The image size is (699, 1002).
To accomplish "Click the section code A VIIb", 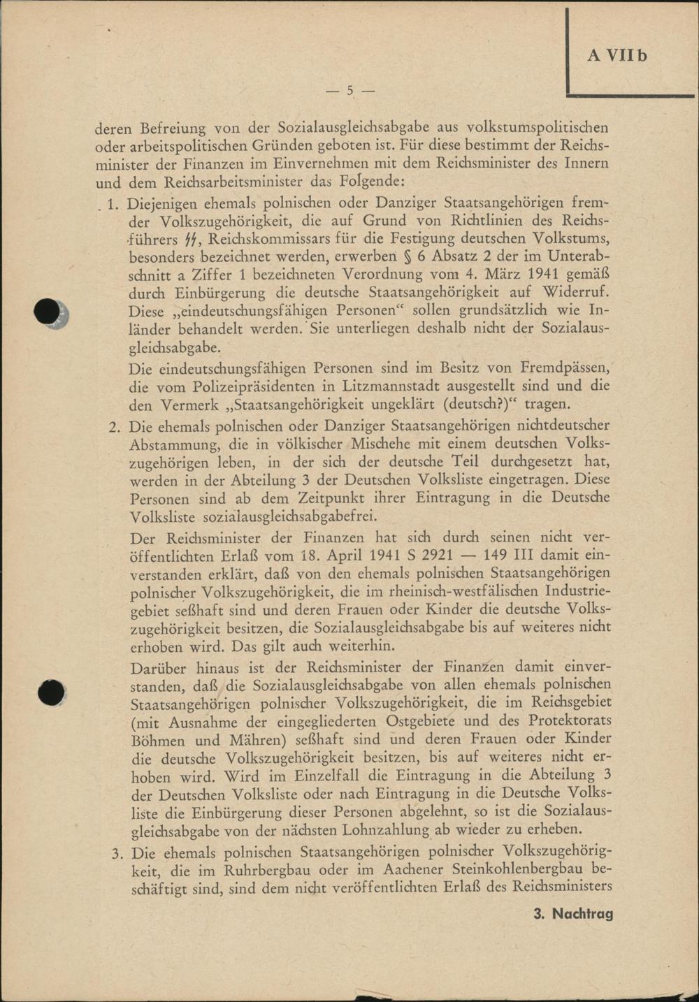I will pyautogui.click(x=617, y=56).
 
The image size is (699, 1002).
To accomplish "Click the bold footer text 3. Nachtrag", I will pyautogui.click(x=573, y=913).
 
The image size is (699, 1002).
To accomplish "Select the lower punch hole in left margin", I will pyautogui.click(x=50, y=692).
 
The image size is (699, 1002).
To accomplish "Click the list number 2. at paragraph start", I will pyautogui.click(x=116, y=426).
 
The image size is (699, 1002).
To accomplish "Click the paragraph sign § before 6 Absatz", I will pyautogui.click(x=398, y=256).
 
